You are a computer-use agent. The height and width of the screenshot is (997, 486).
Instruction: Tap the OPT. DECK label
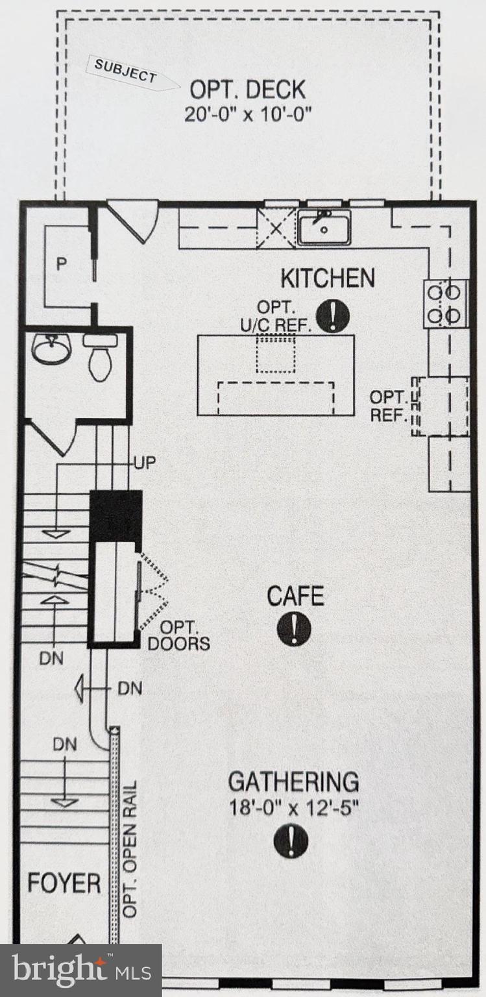247,89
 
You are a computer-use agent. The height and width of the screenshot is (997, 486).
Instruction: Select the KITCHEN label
327,278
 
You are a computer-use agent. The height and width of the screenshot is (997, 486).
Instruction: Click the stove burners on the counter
446,303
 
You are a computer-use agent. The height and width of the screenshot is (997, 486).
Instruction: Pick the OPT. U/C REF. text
276,316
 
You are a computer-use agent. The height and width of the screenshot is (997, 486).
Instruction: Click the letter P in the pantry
61,265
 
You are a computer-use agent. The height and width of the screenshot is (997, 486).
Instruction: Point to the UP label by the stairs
145,463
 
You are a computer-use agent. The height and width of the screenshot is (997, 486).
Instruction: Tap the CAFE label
295,595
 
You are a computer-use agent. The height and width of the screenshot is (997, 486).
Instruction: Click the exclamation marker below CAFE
294,628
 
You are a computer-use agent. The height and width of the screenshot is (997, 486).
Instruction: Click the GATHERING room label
293,782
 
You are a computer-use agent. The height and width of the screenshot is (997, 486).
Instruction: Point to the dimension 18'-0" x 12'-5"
293,808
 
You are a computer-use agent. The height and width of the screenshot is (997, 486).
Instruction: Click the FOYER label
64,883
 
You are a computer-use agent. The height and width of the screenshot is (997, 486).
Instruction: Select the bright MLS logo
81,970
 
